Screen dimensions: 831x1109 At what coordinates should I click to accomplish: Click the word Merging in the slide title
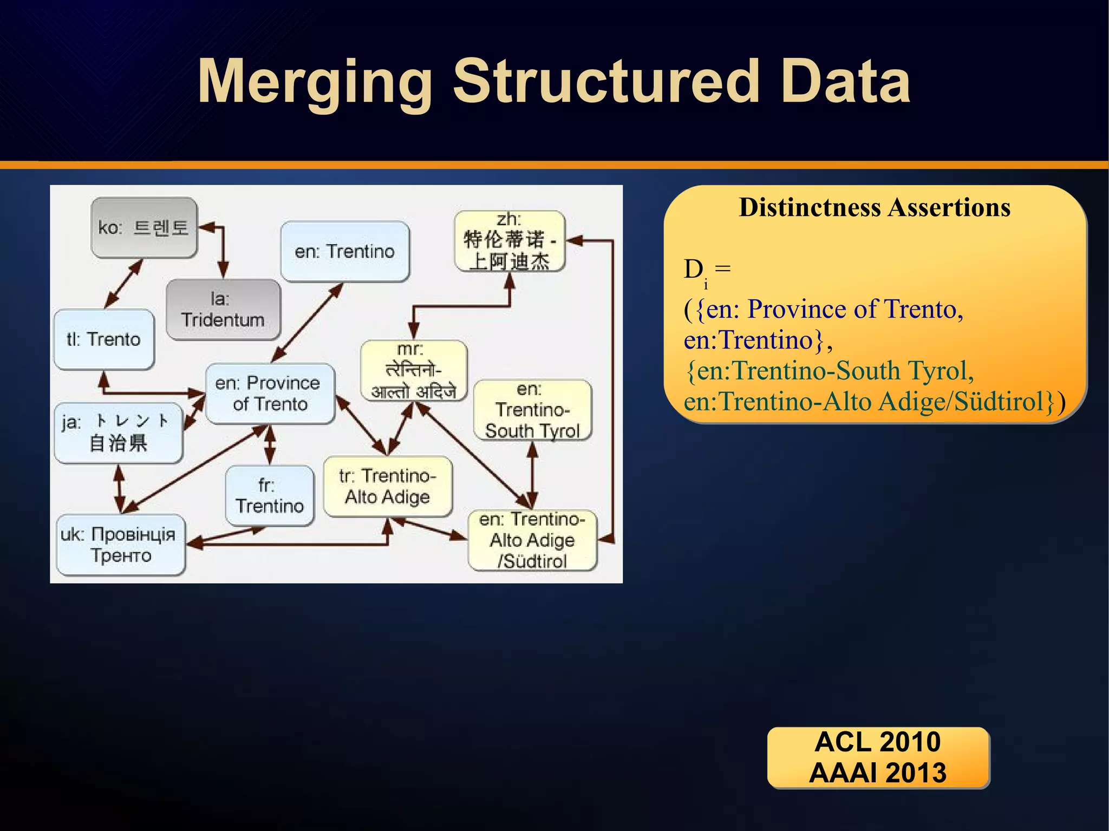point(315,83)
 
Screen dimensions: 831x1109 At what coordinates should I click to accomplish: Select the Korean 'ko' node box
point(144,227)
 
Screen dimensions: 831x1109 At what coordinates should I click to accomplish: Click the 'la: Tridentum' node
point(223,310)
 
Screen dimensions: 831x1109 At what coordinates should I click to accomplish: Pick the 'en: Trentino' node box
point(345,252)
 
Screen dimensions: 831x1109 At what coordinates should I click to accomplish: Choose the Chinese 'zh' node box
point(510,241)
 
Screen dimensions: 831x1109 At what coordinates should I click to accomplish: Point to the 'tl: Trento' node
point(104,339)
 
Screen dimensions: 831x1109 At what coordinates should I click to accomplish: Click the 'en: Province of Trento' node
point(270,394)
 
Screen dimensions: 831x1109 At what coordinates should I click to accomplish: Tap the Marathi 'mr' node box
point(414,370)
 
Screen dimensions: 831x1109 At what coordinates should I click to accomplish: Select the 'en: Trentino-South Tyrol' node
point(532,410)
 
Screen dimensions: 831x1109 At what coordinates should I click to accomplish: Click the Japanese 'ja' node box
point(118,433)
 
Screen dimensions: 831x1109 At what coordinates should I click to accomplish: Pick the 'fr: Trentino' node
point(269,495)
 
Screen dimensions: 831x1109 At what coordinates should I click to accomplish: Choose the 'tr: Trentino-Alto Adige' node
point(388,486)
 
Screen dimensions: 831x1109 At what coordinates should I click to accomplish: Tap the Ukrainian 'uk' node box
point(120,545)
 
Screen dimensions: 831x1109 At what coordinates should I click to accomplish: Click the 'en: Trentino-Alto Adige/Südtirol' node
point(532,540)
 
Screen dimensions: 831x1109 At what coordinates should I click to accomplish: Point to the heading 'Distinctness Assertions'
point(875,207)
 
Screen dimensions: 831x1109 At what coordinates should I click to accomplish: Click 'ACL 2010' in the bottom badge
point(878,742)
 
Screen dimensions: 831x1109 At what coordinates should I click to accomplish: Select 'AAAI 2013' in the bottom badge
point(878,773)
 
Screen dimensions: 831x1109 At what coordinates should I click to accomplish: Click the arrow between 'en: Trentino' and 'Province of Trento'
point(308,323)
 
